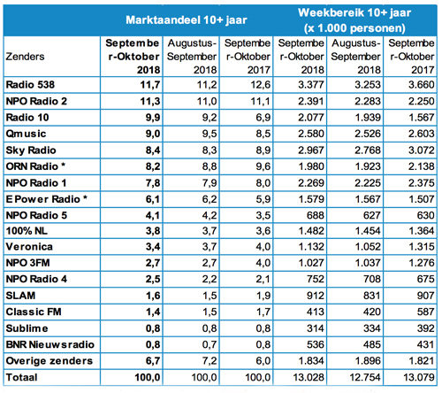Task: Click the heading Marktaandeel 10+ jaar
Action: point(187,18)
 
